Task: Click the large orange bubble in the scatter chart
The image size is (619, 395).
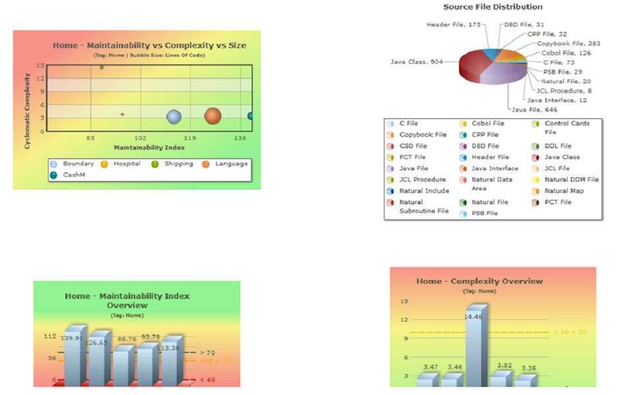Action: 212,116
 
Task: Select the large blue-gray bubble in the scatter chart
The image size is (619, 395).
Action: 173,117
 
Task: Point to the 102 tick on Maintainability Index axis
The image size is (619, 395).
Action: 140,138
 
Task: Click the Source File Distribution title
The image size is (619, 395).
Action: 493,7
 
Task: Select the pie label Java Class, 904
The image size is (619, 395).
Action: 416,62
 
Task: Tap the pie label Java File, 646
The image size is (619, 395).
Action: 534,109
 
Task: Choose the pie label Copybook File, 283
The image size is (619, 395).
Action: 568,43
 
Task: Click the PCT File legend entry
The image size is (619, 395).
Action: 557,202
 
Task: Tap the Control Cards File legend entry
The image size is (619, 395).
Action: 566,127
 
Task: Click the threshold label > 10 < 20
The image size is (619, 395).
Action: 570,332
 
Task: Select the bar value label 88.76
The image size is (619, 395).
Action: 126,339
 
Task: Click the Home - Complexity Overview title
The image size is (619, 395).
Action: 479,281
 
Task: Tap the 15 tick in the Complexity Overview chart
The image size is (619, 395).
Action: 404,301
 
